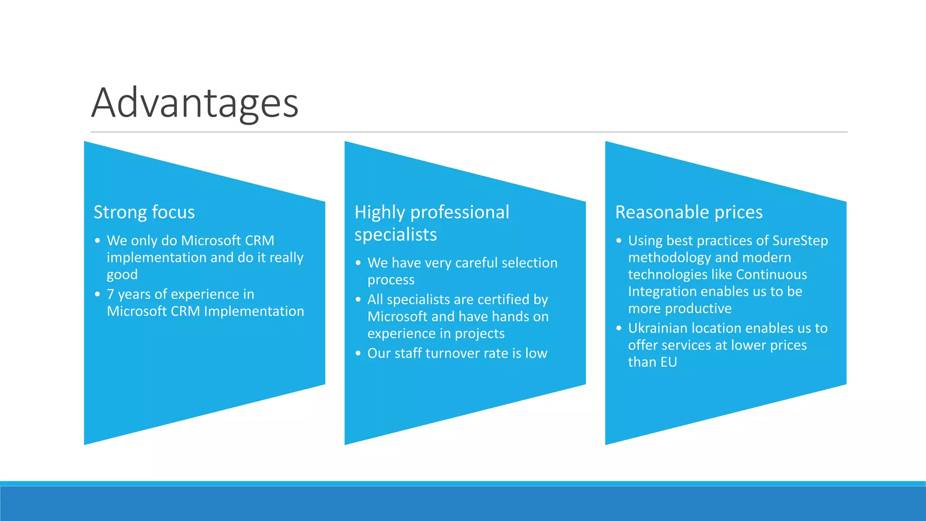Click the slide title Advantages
coord(194,103)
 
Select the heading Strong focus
coord(144,212)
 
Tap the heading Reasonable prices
coord(689,212)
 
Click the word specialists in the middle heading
coord(395,235)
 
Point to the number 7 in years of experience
coord(110,294)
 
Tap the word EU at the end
coord(668,362)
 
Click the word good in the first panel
coord(122,275)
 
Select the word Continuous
coord(771,275)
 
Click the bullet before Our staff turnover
coord(358,353)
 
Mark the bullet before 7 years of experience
coord(97,294)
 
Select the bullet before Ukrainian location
coord(619,328)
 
